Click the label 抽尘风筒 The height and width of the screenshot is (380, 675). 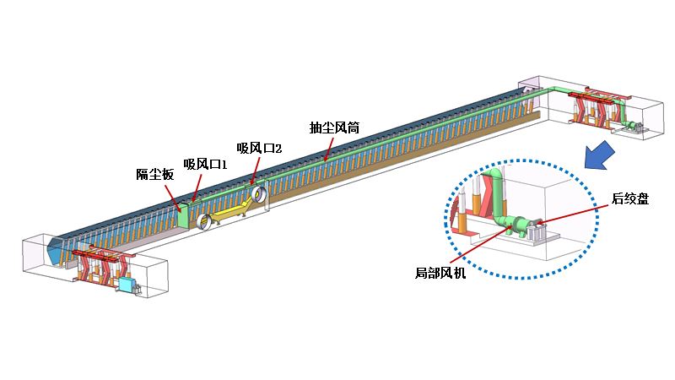click(x=335, y=128)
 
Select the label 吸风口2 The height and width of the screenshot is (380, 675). click(x=259, y=148)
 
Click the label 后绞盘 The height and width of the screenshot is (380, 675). click(x=630, y=199)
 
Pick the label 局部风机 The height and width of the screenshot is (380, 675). click(x=440, y=272)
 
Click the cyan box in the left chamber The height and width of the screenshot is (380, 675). click(x=128, y=285)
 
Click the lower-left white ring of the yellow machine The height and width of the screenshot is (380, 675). click(x=204, y=222)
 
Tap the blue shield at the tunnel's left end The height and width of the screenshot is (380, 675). click(x=58, y=250)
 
